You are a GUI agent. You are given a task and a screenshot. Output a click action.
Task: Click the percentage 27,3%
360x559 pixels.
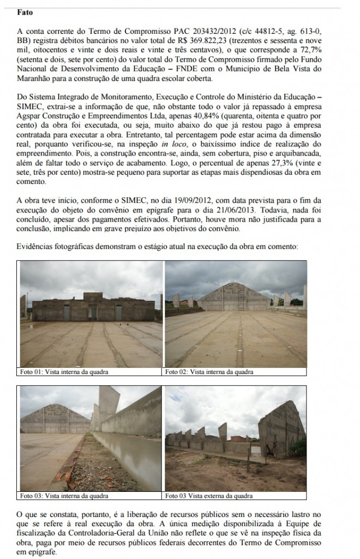pyautogui.click(x=289, y=163)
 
